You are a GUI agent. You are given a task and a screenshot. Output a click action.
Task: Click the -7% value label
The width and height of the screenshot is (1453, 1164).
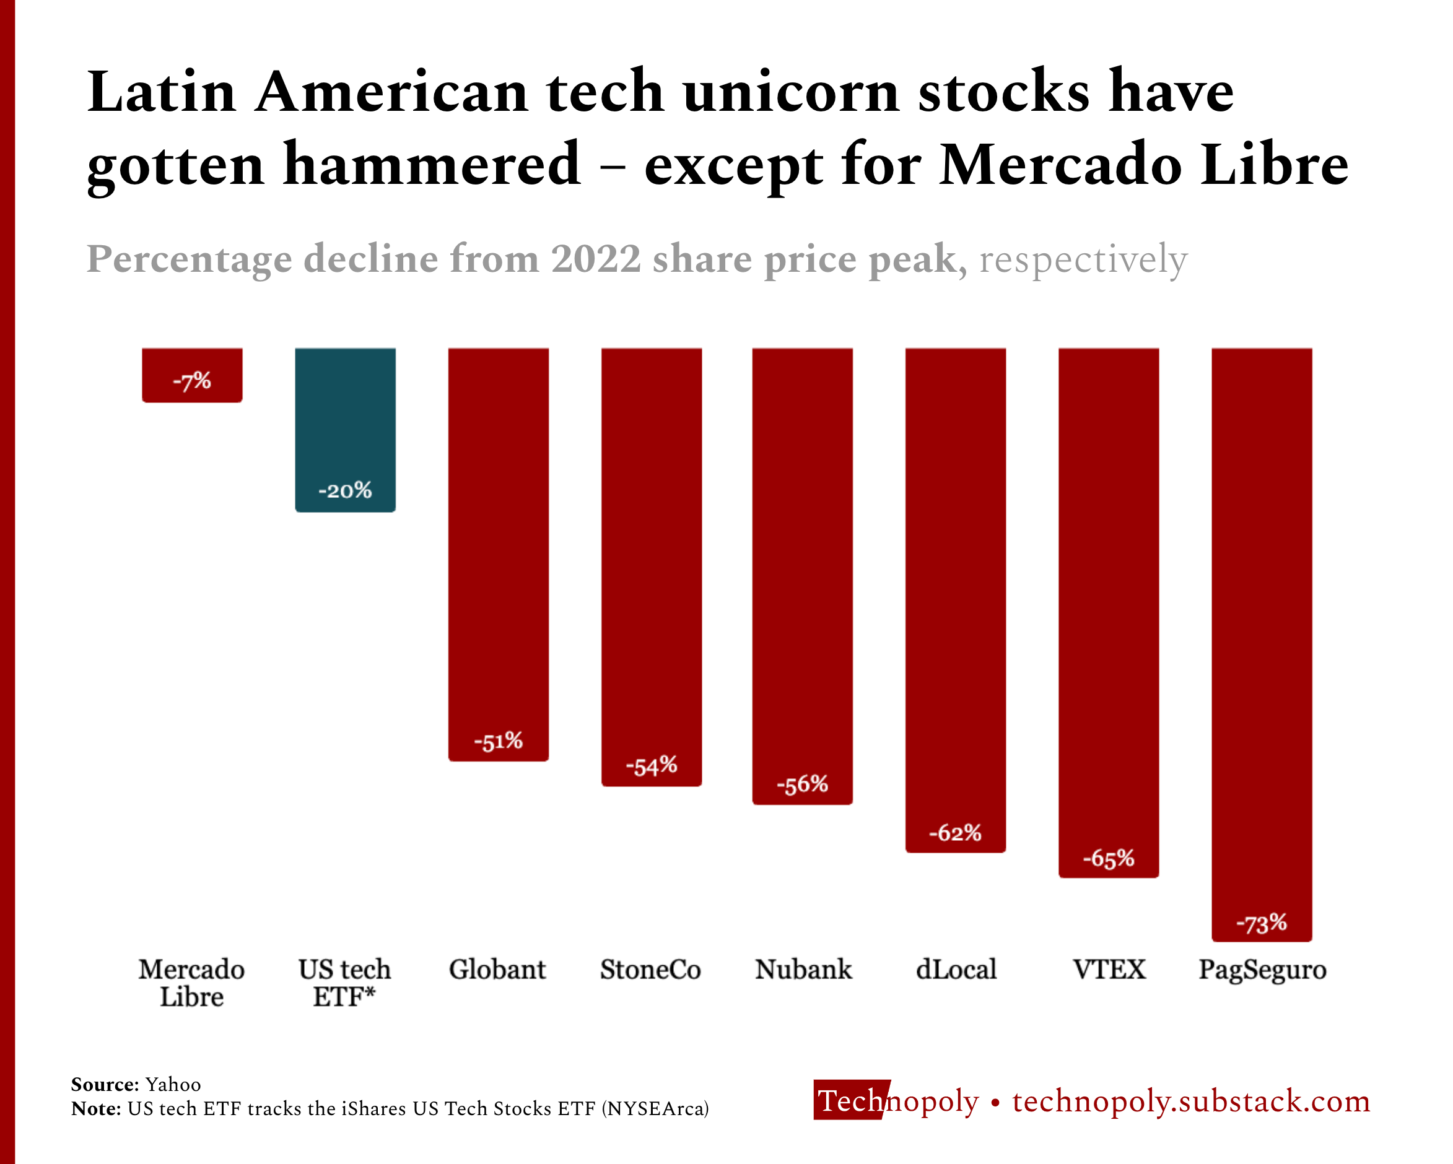192,381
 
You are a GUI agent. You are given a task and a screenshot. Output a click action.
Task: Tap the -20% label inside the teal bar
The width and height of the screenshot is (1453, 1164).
345,490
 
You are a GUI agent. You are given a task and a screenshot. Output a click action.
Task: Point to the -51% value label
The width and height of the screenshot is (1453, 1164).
498,742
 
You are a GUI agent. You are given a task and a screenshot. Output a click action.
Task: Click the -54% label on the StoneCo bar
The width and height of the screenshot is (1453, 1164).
651,766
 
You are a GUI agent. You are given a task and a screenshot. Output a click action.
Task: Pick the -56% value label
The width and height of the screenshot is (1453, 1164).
802,784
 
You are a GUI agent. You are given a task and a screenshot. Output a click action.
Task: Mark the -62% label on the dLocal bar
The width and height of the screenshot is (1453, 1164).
955,833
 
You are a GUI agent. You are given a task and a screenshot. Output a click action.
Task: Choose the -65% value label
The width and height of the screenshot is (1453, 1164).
1109,858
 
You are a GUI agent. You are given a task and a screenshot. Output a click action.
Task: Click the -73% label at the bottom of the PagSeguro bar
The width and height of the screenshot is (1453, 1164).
1262,923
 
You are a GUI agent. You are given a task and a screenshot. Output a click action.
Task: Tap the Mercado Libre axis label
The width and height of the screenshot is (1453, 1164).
191,983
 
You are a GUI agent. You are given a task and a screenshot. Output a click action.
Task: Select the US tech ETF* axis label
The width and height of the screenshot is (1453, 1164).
344,983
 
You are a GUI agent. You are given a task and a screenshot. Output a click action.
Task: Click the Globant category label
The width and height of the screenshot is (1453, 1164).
497,970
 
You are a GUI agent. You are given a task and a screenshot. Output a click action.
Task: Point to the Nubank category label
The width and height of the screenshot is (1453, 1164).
803,970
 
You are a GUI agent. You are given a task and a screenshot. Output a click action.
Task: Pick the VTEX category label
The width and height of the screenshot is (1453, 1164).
1109,970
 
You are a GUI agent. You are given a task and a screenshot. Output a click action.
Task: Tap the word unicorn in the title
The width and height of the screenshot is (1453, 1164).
791,92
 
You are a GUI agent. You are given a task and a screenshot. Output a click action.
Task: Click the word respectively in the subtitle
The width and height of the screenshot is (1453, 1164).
1083,259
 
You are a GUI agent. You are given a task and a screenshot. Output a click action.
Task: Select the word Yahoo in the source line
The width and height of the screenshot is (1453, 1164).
173,1085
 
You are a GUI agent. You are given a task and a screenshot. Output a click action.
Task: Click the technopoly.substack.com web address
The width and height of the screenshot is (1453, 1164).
1191,1101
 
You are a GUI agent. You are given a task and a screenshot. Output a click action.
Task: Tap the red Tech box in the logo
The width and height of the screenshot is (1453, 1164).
850,1101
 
